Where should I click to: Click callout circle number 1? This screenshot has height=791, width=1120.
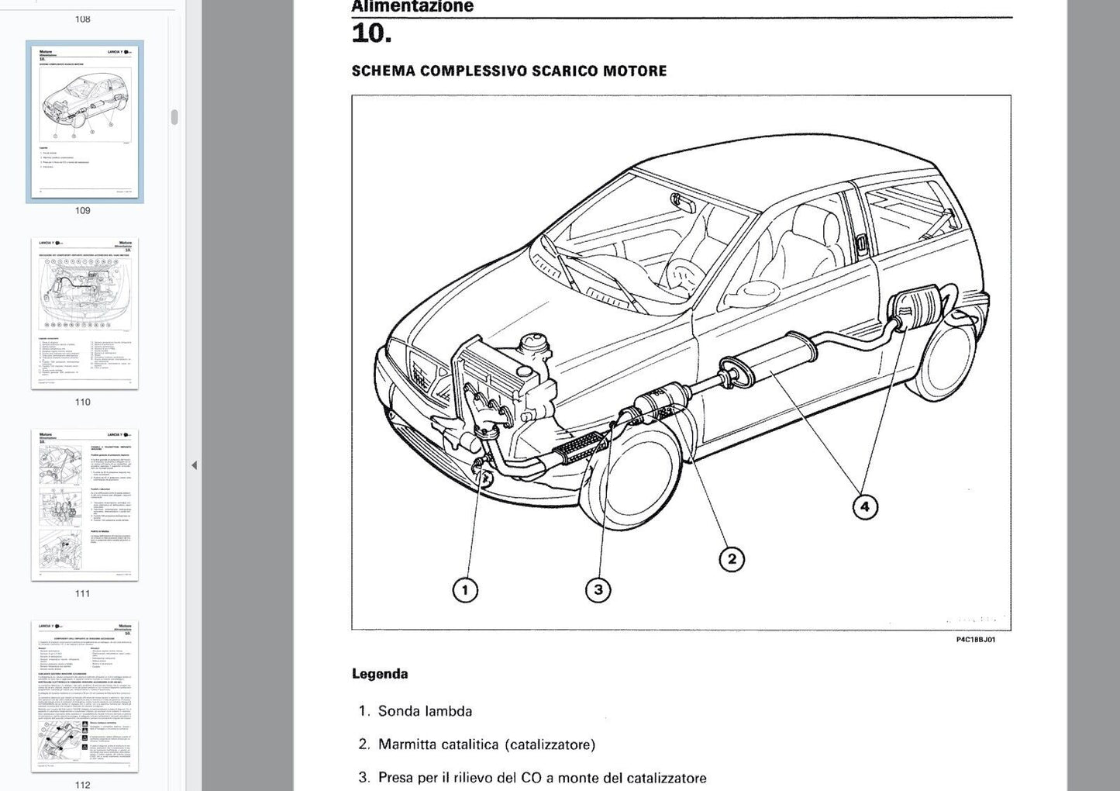pos(465,590)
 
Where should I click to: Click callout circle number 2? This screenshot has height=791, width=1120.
pos(732,559)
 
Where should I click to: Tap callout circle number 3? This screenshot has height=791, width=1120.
pos(598,590)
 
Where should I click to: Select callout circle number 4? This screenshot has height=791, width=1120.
pos(865,507)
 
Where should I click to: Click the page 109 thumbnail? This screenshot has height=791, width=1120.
pos(84,122)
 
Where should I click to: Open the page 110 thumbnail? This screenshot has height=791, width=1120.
pos(84,313)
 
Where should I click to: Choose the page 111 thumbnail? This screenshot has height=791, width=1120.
pos(84,505)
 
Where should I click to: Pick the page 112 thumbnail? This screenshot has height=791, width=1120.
pos(84,696)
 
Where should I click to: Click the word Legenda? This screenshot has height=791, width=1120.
pos(380,674)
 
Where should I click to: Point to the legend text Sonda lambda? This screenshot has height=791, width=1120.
pos(425,711)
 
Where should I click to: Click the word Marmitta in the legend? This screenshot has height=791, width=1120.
pos(407,744)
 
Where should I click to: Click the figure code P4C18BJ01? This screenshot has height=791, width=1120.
pos(975,640)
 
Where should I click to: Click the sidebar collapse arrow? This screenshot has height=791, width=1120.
pos(194,465)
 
